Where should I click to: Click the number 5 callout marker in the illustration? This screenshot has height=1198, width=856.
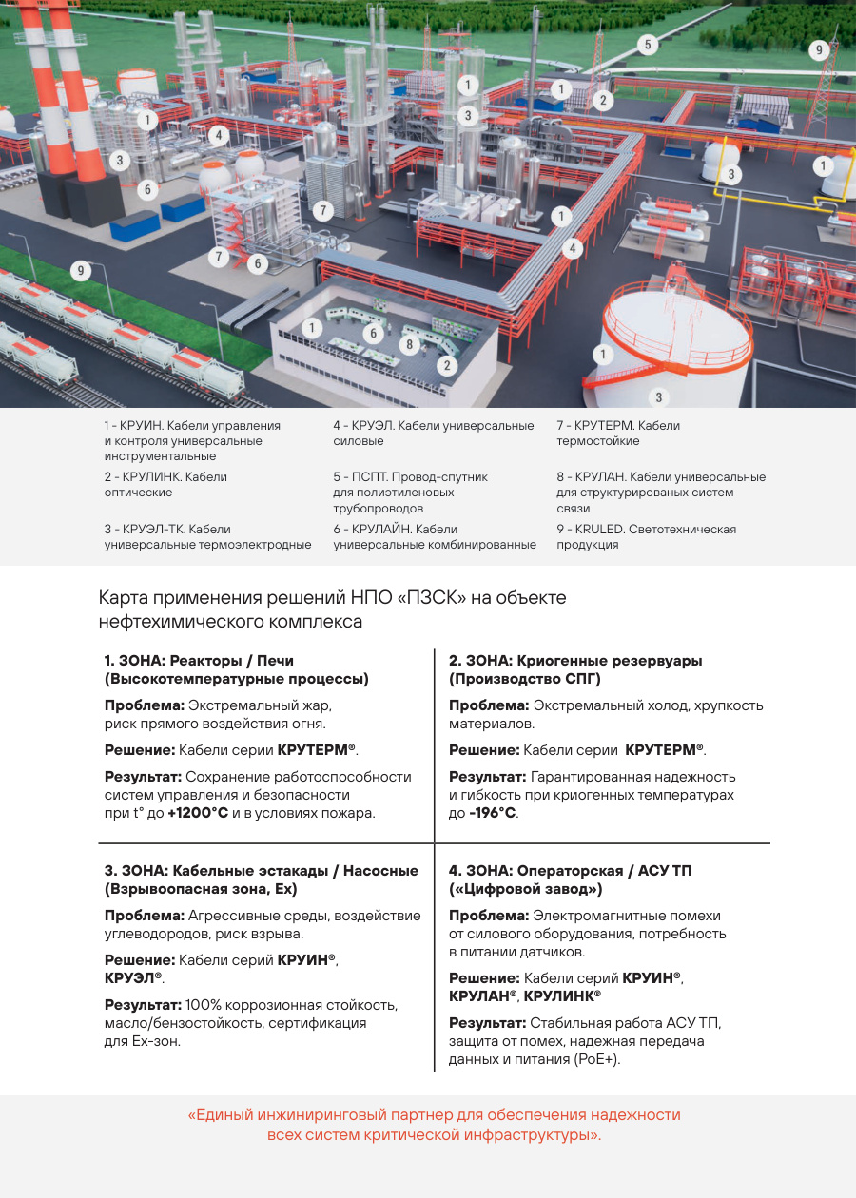[x=647, y=45]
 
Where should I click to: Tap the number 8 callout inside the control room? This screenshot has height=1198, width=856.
[x=410, y=343]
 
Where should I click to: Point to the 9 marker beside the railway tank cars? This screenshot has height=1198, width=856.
[x=82, y=271]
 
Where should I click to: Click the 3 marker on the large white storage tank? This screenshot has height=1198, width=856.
[x=658, y=396]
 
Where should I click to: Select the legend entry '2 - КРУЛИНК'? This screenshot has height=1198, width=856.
[x=165, y=485]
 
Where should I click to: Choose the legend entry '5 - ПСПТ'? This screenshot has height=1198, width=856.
[x=410, y=485]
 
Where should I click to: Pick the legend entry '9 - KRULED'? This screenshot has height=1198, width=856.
[x=646, y=537]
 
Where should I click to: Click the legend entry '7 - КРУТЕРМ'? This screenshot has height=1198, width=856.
[x=618, y=434]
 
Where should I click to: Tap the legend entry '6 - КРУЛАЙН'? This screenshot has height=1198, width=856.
[x=434, y=537]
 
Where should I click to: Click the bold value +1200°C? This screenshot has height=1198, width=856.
[x=198, y=814]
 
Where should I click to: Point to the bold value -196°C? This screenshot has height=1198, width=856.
[x=493, y=814]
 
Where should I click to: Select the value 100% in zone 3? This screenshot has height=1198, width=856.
[x=203, y=1005]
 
